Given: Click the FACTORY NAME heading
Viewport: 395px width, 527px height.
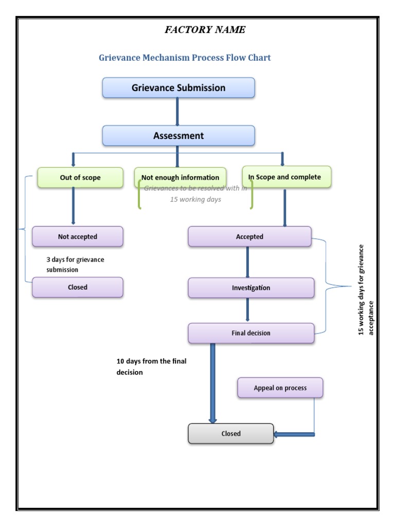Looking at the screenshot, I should pyautogui.click(x=205, y=30).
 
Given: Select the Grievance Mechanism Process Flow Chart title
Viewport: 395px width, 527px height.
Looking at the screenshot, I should pyautogui.click(x=185, y=58).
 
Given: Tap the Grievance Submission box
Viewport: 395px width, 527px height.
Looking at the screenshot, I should pyautogui.click(x=178, y=88).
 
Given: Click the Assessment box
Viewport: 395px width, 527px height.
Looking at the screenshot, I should pyautogui.click(x=178, y=136).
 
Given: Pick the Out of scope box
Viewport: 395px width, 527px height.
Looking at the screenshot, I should pyautogui.click(x=80, y=178).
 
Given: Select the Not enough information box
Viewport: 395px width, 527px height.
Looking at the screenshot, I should pyautogui.click(x=181, y=178).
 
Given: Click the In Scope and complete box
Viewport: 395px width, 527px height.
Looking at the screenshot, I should pyautogui.click(x=286, y=177).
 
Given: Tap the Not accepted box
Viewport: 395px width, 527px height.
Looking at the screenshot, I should pyautogui.click(x=78, y=237).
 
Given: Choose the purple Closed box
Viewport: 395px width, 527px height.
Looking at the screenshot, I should pyautogui.click(x=78, y=287).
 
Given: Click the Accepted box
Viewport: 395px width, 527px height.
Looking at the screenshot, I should pyautogui.click(x=249, y=237).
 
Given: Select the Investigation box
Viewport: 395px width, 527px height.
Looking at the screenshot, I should pyautogui.click(x=251, y=288).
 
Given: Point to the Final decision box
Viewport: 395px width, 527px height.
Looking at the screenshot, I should pyautogui.click(x=251, y=333).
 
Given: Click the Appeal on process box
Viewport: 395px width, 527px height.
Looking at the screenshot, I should pyautogui.click(x=280, y=388).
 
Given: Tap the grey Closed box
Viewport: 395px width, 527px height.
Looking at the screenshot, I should pyautogui.click(x=231, y=433).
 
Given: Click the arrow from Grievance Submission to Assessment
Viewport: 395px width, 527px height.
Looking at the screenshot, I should pyautogui.click(x=177, y=111).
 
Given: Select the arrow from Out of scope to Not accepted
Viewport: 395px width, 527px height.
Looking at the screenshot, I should pyautogui.click(x=73, y=206).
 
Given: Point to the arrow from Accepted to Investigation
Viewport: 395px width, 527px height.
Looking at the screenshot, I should pyautogui.click(x=247, y=262).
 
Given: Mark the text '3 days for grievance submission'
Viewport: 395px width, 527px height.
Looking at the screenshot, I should pyautogui.click(x=75, y=265).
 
